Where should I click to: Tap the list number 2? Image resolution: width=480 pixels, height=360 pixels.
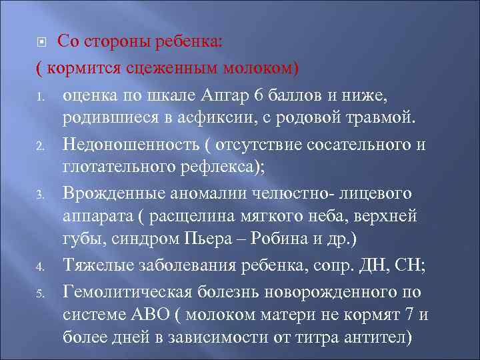(x=39, y=145)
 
